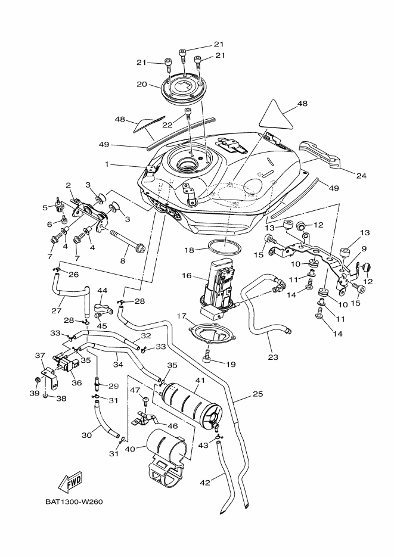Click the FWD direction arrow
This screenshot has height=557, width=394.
(70, 481)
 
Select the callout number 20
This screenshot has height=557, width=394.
(141, 85)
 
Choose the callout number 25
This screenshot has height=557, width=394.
(257, 394)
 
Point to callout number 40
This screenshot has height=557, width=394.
(131, 450)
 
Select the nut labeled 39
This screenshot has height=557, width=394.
(37, 379)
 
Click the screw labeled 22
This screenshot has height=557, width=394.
(188, 113)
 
